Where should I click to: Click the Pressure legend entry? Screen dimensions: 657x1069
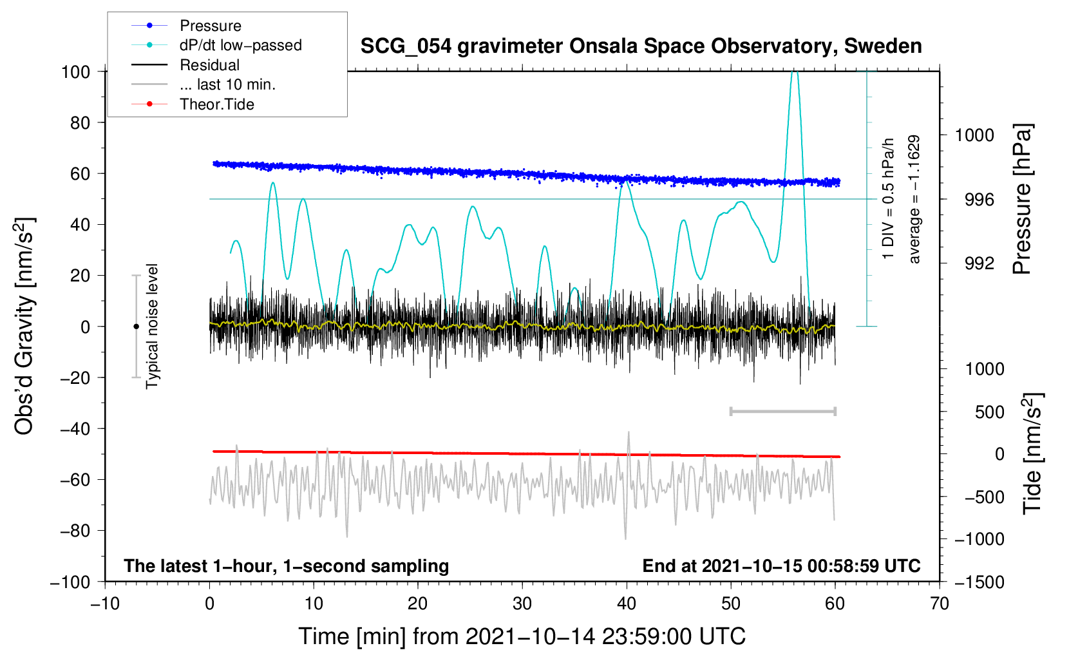click(x=210, y=26)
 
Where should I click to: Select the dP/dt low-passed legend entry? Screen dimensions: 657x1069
click(x=240, y=45)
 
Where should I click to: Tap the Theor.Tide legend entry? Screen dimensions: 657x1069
click(x=216, y=104)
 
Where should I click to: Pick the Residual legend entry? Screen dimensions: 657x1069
click(x=209, y=65)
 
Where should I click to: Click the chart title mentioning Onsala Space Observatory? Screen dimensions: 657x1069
click(x=641, y=46)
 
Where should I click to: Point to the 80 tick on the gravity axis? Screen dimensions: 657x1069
click(x=80, y=122)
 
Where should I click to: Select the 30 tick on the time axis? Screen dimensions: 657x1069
click(x=522, y=604)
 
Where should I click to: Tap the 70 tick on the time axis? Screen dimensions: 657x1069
click(x=940, y=604)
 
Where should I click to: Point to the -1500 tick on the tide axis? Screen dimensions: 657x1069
click(x=979, y=582)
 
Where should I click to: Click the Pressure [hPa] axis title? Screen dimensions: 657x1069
click(x=1022, y=199)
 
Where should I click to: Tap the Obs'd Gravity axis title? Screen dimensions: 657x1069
click(x=24, y=326)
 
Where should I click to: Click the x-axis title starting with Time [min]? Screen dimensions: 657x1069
click(x=522, y=636)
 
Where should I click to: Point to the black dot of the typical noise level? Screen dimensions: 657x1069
click(x=136, y=327)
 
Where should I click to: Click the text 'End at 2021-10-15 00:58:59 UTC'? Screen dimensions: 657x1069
click(x=781, y=566)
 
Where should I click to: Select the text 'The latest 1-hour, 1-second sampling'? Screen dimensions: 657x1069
click(x=286, y=566)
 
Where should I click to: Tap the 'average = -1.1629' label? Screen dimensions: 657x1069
click(x=914, y=199)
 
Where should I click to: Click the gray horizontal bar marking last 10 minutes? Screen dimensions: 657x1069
click(x=782, y=411)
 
